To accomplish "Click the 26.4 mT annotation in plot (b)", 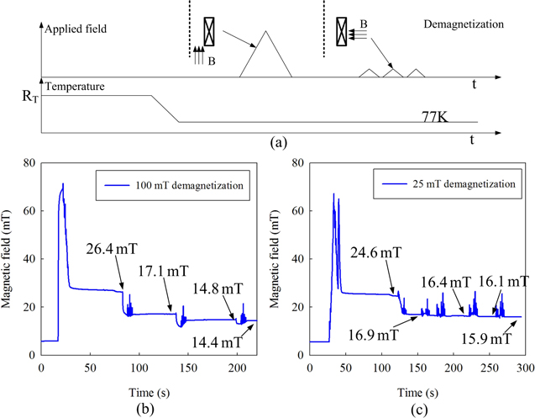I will click(112, 249).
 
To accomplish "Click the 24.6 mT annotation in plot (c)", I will click(377, 251).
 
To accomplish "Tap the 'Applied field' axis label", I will click(78, 29).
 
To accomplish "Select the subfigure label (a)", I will click(278, 143).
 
